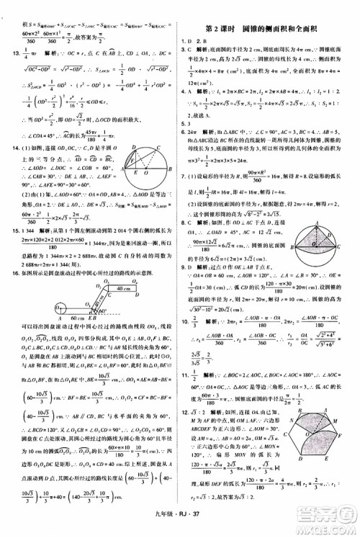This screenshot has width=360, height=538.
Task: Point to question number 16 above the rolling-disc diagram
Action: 11,264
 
